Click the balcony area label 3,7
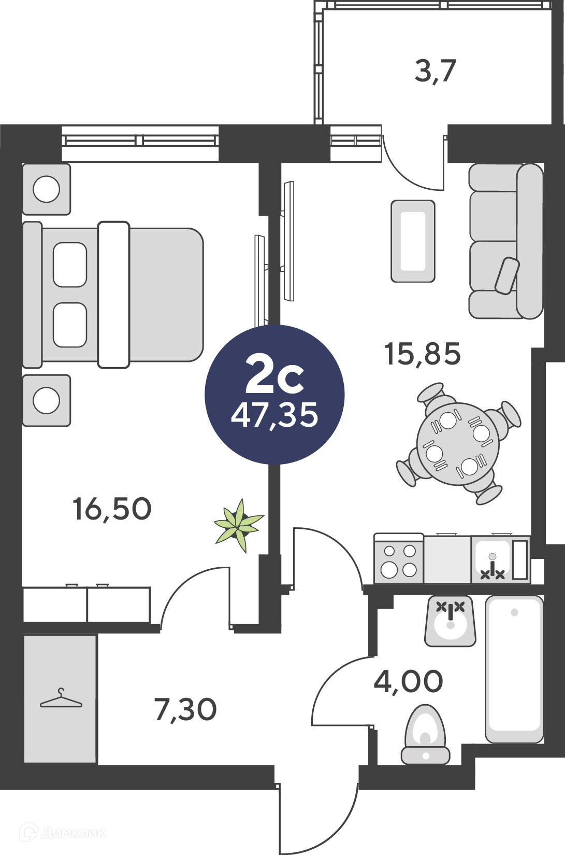436,72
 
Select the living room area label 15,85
423,354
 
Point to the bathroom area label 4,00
408,682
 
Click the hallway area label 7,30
186,710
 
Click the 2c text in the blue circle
274,374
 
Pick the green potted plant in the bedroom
239,526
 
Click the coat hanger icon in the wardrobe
61,698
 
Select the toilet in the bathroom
426,735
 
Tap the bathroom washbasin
450,621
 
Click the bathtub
514,669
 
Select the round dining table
457,444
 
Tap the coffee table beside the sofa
413,241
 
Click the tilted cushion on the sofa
507,276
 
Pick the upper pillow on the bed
70,265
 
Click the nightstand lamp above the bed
47,189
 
